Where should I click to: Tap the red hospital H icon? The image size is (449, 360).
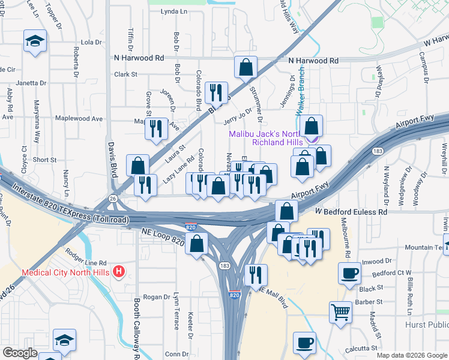tap(119, 272)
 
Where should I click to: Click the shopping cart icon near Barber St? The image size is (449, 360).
tap(340, 311)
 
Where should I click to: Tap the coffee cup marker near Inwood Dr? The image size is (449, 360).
tap(349, 274)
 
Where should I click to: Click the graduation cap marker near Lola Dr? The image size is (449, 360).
tap(35, 41)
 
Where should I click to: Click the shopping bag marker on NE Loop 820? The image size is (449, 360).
tap(196, 244)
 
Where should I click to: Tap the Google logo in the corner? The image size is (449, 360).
tap(20, 353)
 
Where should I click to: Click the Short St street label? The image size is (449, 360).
tap(44, 160)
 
